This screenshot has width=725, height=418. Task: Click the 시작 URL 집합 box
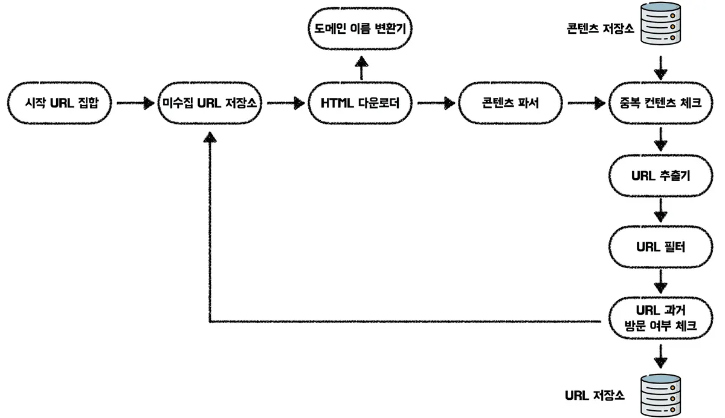tap(60, 103)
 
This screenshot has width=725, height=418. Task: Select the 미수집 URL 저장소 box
tap(210, 103)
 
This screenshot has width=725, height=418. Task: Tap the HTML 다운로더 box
tap(360, 103)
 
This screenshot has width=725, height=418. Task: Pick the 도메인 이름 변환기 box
tap(360, 28)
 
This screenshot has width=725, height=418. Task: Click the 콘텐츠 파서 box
tap(511, 103)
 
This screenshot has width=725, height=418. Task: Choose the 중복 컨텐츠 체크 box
tap(660, 103)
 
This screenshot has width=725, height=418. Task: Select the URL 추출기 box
tap(660, 176)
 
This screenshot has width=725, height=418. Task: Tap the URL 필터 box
tap(660, 247)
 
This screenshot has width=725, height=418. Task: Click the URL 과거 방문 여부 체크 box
tap(660, 318)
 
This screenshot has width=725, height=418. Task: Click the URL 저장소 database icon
tap(660, 395)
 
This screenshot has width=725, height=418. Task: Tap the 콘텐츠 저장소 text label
tap(601, 28)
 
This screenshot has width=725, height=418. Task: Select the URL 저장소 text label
tap(594, 396)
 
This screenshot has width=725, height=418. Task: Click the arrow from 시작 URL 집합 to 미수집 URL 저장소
tap(135, 103)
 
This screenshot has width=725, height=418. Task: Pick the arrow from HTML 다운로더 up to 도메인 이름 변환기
tap(361, 68)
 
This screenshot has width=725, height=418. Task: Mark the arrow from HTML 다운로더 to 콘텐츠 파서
tap(436, 103)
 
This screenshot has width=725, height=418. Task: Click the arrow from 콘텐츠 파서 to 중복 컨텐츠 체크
tap(587, 103)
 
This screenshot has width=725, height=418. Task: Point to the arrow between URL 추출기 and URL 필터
tap(660, 211)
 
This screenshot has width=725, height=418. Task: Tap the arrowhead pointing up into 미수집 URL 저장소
tap(210, 137)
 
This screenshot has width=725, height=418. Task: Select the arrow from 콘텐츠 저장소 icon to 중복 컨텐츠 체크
tap(660, 68)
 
